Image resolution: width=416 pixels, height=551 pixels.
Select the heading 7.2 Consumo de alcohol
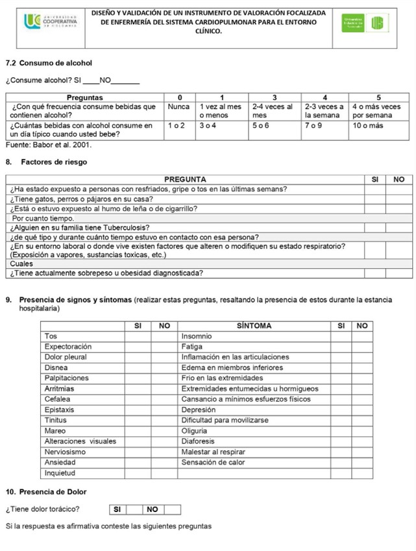49,63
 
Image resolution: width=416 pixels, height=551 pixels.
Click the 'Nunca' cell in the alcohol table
179,106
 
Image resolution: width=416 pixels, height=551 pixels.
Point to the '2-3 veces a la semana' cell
324,110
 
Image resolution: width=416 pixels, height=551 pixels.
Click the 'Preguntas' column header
85,96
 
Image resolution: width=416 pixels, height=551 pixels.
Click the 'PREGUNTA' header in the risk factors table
186,179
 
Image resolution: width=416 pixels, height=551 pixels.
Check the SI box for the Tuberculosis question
374,227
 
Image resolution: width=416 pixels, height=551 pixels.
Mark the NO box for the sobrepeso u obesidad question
398,273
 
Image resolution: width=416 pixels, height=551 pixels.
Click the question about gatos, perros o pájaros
82,199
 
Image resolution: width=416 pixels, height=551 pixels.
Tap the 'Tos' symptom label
51,336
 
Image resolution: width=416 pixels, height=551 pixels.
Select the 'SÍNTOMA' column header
254,325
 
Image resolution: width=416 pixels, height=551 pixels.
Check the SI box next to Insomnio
340,336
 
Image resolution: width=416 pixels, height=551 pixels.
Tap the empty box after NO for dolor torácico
171,509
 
